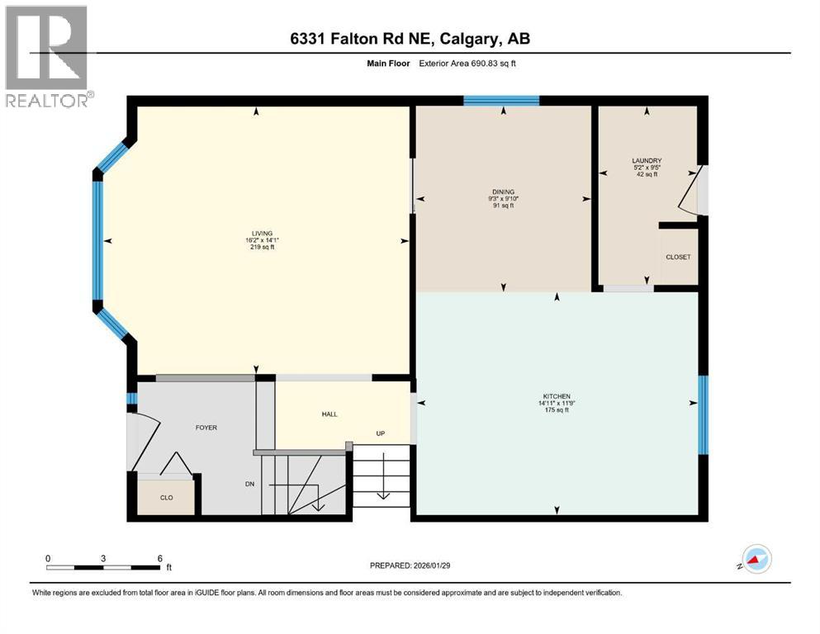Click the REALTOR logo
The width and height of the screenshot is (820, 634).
tap(47, 56)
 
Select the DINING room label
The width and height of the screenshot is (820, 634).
tap(502, 192)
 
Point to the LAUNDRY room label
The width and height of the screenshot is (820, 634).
tap(647, 161)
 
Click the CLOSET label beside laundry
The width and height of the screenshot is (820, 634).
tap(678, 257)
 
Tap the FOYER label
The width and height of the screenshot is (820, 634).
tap(206, 428)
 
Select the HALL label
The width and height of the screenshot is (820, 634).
tap(329, 414)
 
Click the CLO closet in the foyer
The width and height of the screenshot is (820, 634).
tap(166, 498)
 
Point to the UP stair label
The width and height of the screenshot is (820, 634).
tap(380, 433)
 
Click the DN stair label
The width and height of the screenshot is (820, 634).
tap(250, 485)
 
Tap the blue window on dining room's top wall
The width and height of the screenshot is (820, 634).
tap(501, 101)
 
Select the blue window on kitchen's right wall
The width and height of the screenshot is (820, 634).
tap(703, 415)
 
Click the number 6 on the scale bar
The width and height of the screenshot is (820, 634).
tap(159, 557)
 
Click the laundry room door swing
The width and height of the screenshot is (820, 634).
tap(690, 190)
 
